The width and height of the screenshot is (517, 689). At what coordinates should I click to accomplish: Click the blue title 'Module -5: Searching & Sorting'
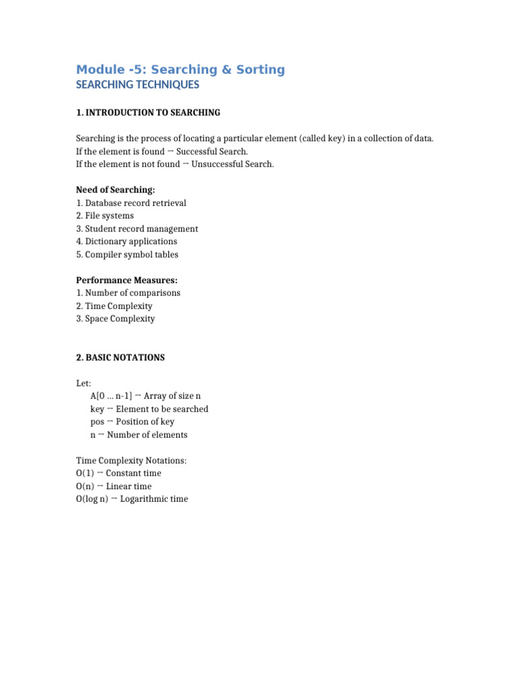point(180,69)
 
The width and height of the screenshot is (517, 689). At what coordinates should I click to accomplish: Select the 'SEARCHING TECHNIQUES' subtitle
point(137,85)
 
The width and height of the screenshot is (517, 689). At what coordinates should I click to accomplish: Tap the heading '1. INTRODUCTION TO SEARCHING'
point(148,112)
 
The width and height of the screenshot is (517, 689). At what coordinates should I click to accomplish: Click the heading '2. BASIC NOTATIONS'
point(120,358)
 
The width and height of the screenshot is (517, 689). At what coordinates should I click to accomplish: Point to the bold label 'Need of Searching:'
point(115,190)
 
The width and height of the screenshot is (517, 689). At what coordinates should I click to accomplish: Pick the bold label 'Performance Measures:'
point(127,280)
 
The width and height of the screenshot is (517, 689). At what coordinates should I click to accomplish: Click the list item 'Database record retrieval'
point(135,203)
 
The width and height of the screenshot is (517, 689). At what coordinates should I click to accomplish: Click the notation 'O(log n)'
point(92,499)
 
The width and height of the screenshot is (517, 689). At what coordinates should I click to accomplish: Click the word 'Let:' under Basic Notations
point(83,384)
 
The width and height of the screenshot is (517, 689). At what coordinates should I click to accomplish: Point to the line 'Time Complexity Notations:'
point(131,461)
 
